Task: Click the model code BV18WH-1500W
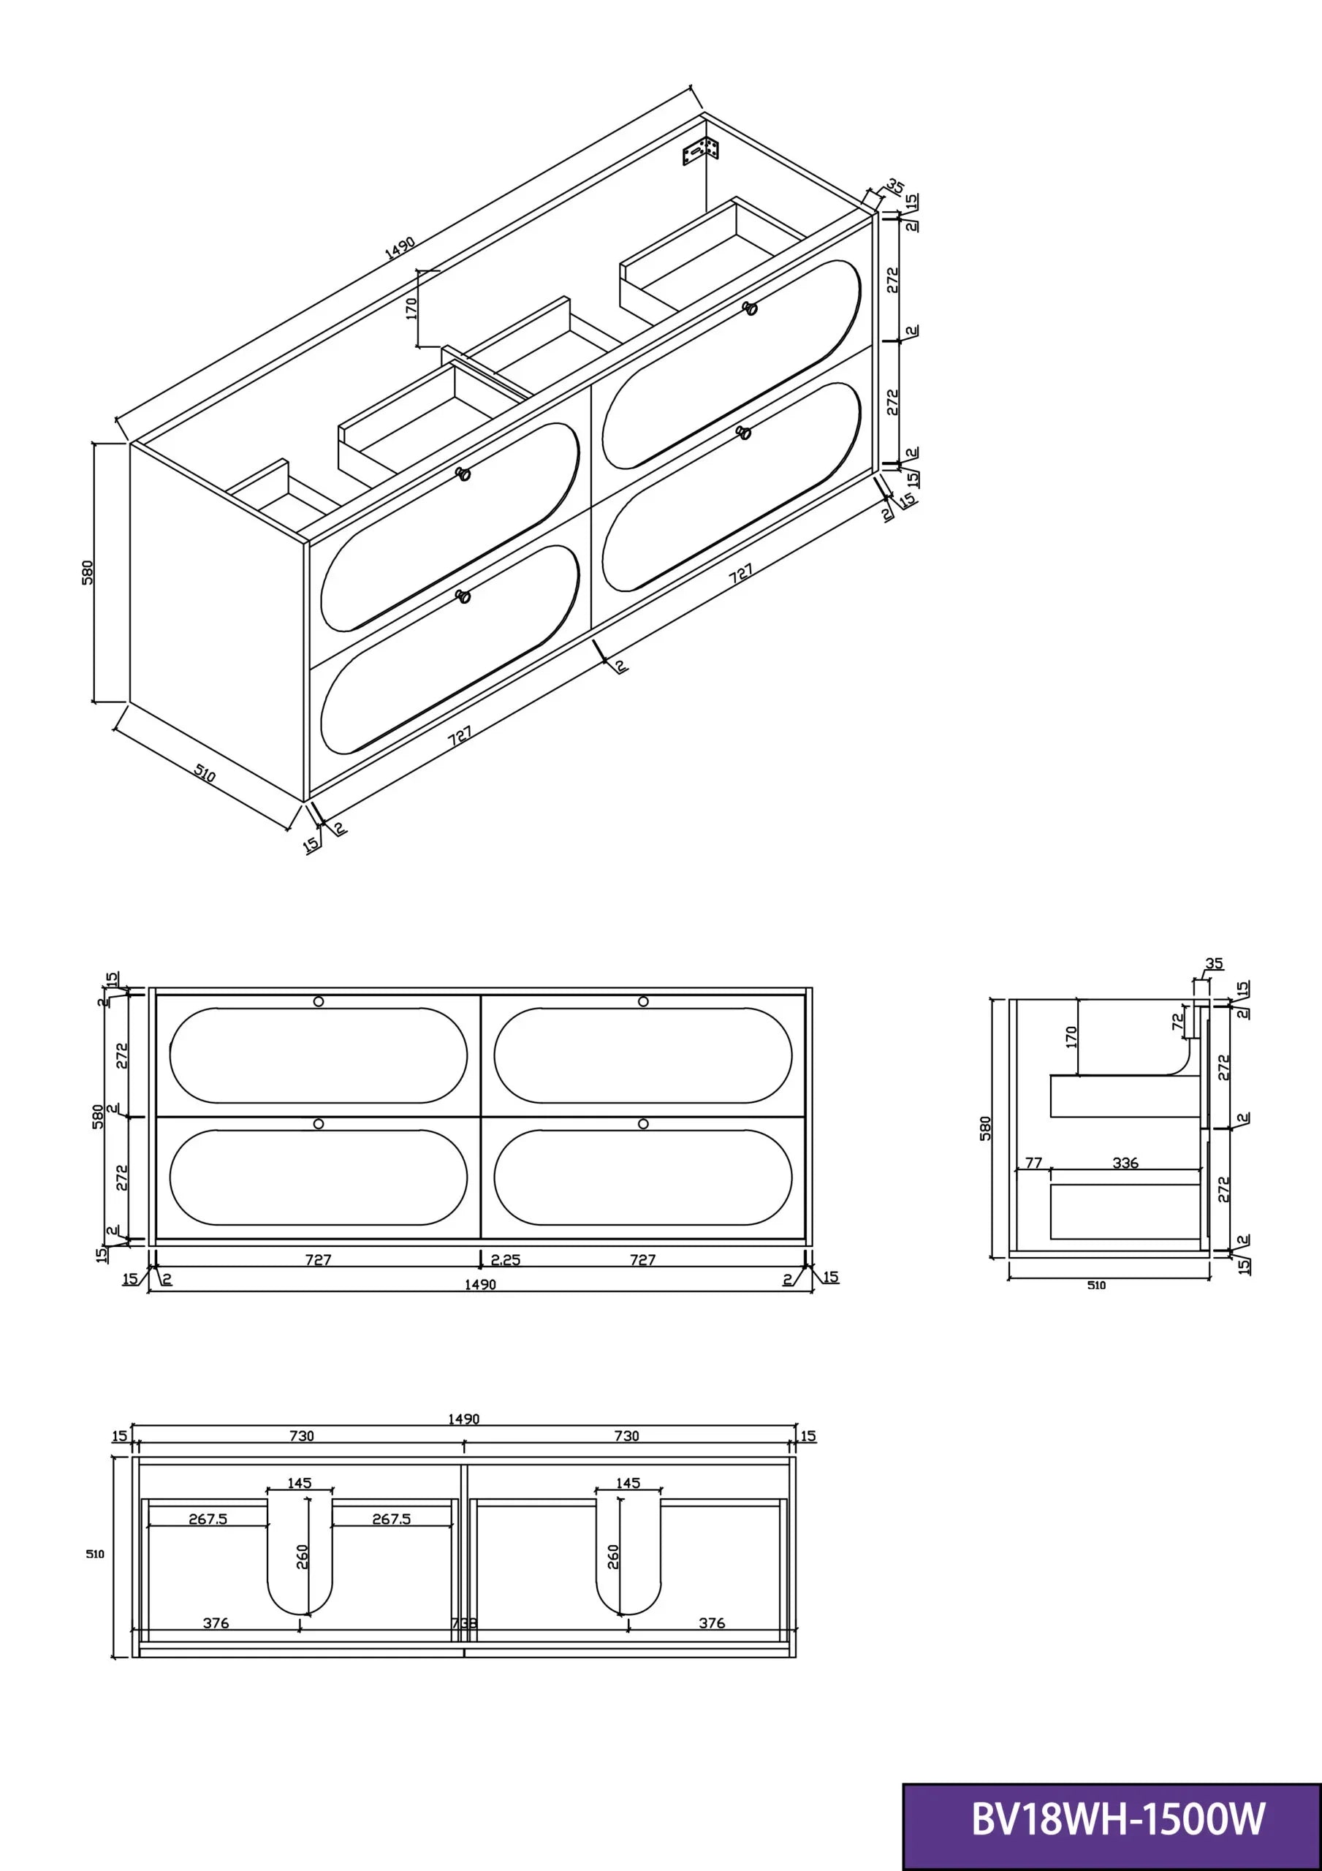(x=1118, y=1819)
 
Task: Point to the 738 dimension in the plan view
(x=464, y=1623)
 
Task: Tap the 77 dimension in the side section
(x=1033, y=1163)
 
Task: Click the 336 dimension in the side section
(x=1125, y=1163)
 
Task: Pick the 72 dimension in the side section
(x=1178, y=1022)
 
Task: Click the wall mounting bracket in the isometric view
(x=700, y=151)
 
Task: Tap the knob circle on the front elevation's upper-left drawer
(x=319, y=1001)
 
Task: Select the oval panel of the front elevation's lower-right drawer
(x=642, y=1177)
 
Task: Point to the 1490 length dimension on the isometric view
(x=400, y=247)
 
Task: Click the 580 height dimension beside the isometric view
(x=88, y=572)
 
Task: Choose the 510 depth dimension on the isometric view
(x=205, y=773)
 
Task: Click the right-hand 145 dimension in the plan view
(x=628, y=1483)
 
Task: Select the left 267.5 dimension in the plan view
(x=208, y=1519)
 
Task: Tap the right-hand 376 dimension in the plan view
(x=712, y=1623)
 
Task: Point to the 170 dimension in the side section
(x=1071, y=1037)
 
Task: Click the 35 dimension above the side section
(x=1215, y=963)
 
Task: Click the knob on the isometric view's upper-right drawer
(x=750, y=308)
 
